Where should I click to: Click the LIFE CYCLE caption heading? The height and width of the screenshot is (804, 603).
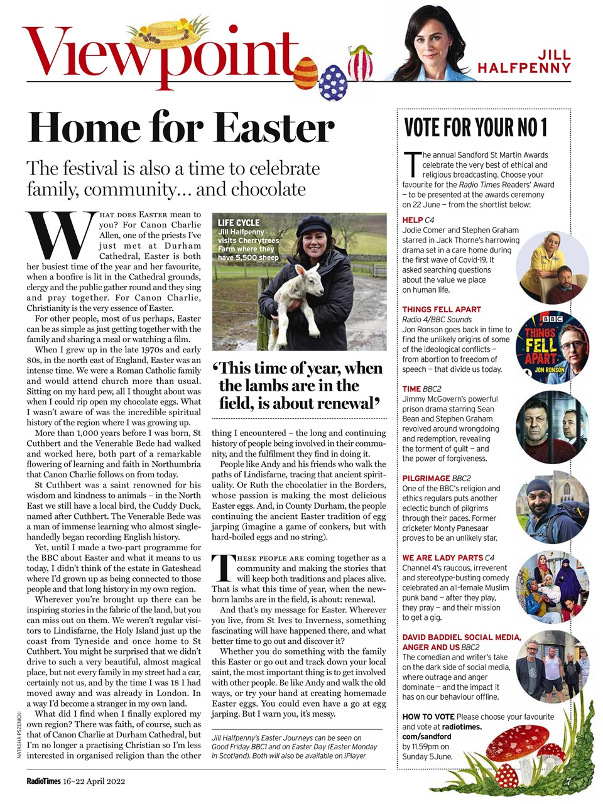[238, 222]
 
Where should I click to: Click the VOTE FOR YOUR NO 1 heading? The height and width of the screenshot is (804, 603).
[475, 128]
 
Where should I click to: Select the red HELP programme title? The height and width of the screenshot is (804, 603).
[412, 220]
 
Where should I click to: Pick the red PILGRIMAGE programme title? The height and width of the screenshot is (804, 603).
[426, 478]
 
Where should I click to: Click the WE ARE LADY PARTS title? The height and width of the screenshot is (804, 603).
[442, 557]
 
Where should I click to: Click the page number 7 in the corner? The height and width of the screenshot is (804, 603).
[568, 782]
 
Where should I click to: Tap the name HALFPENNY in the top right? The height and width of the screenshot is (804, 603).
[524, 68]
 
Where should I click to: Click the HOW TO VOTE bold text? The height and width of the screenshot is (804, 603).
[428, 717]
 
